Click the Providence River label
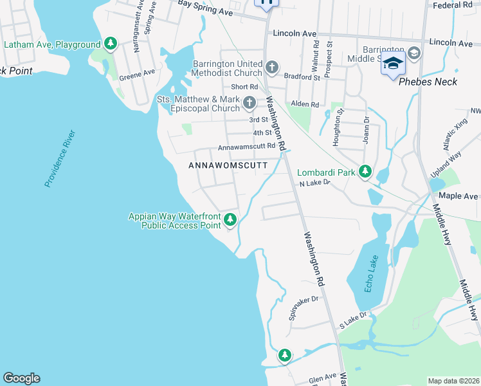coord(60,158)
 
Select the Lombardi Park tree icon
coord(365,172)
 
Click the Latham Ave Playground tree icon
coord(111,44)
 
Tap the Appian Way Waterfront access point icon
coord(230,221)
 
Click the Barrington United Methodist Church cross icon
coord(272,66)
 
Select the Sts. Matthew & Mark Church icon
coord(250,102)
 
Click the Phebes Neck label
coord(428,82)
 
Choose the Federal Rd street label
coord(453,5)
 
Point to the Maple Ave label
coord(458,196)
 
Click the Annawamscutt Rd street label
coord(246,147)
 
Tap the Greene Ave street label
coord(138,75)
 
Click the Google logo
coord(21,378)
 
